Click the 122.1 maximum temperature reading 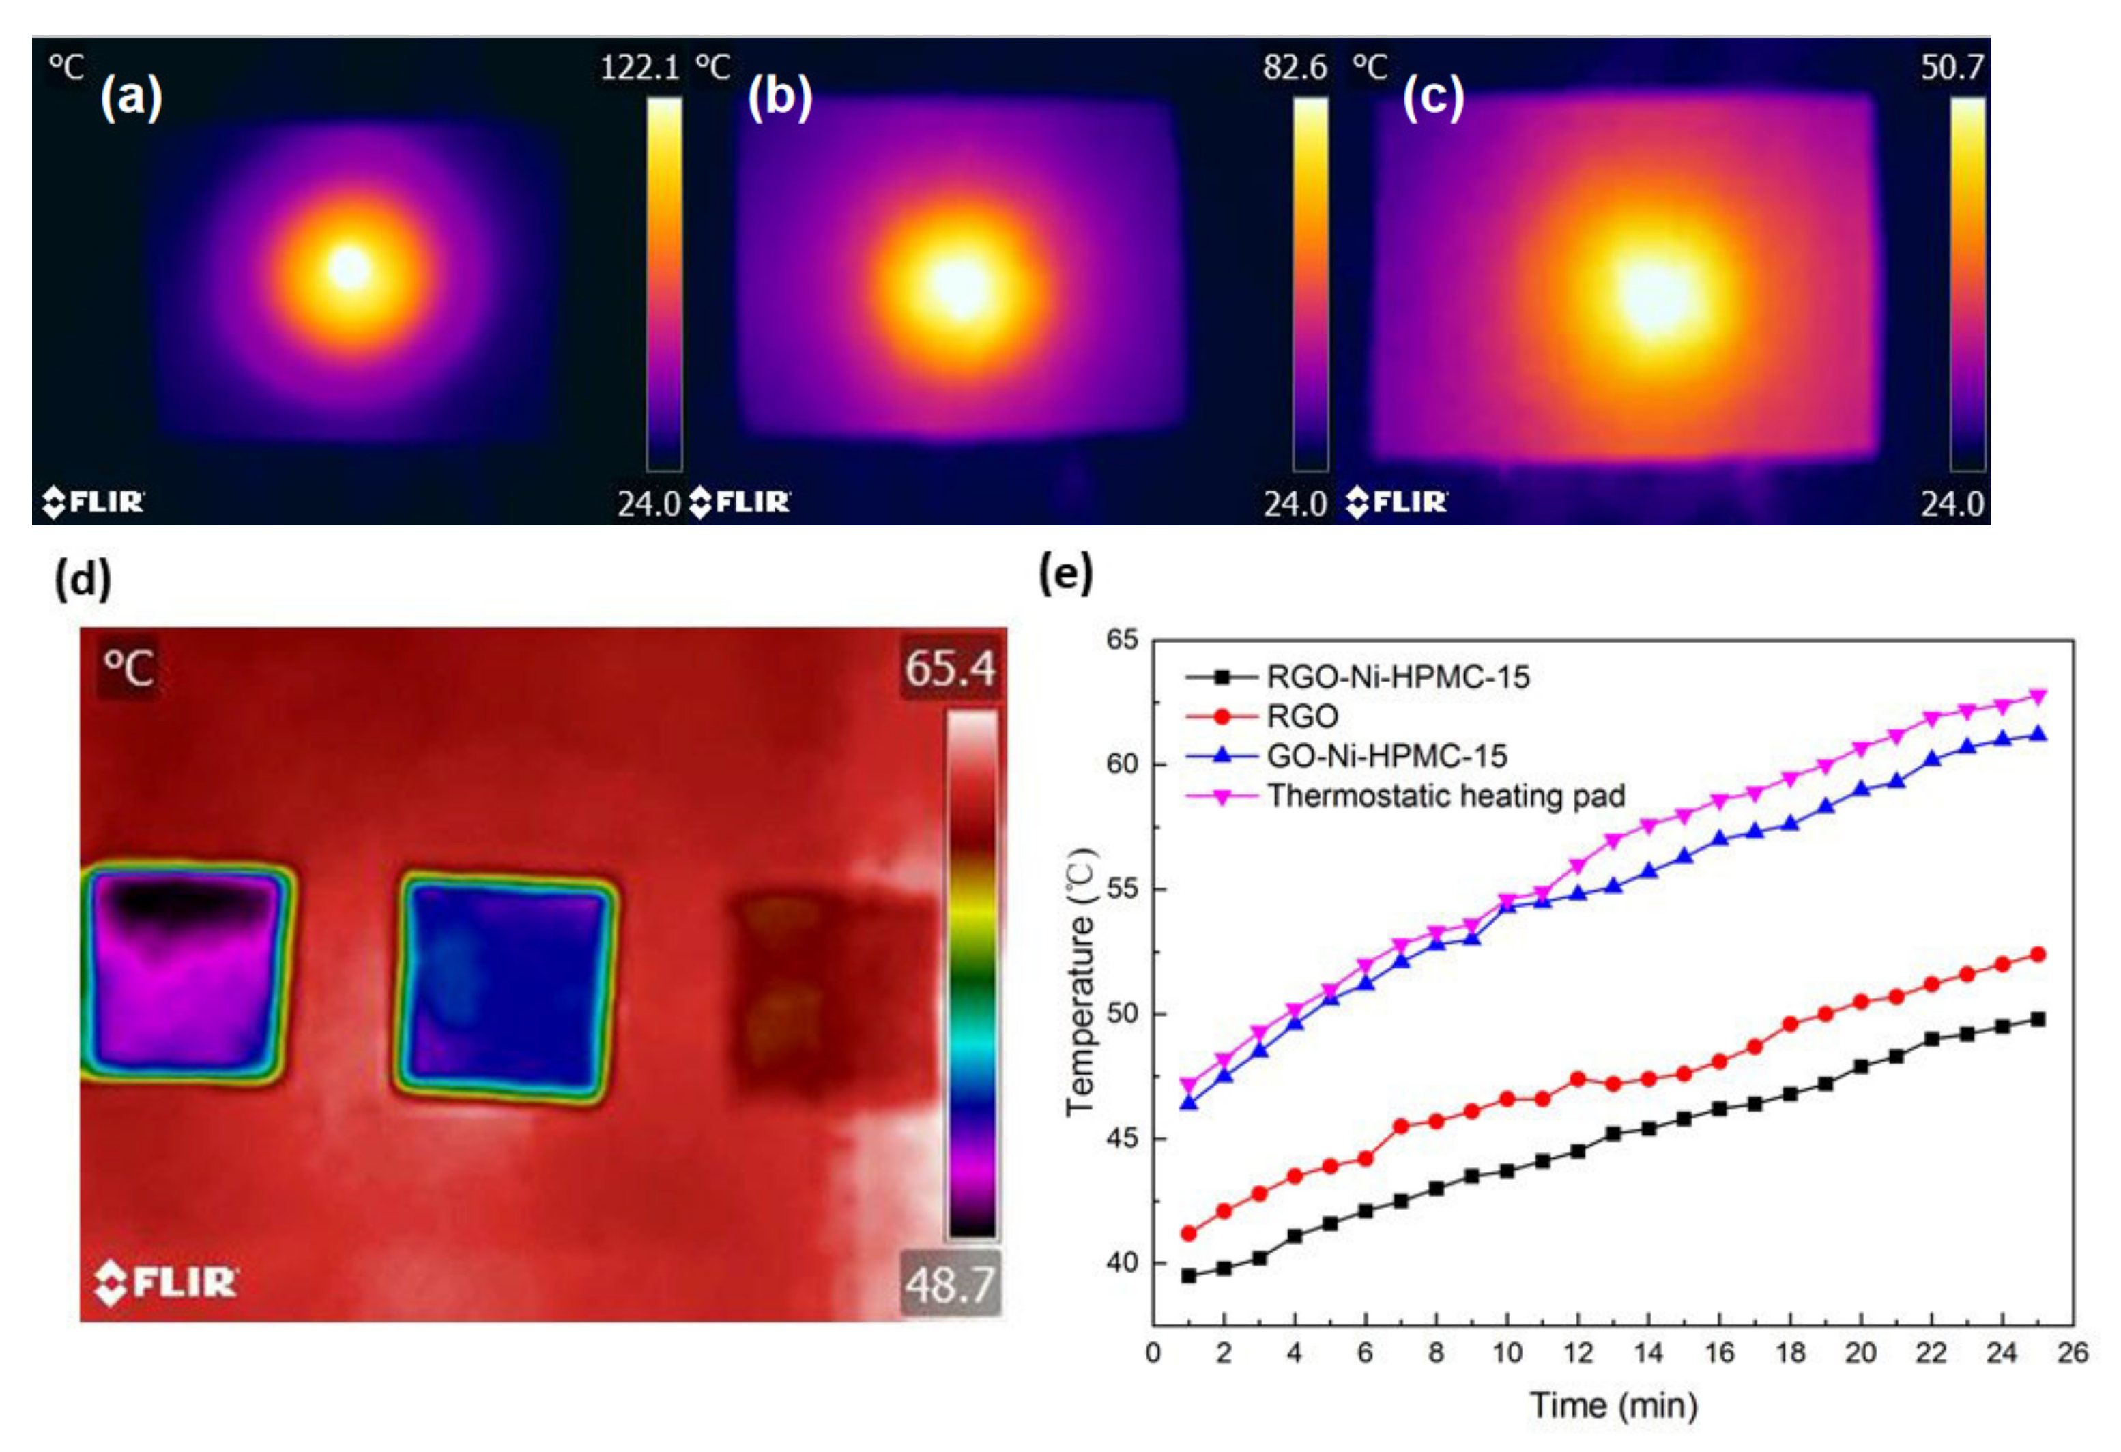pyautogui.click(x=639, y=68)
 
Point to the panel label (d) pyautogui.click(x=83, y=579)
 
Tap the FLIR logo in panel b pyautogui.click(x=740, y=502)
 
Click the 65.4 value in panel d pyautogui.click(x=950, y=668)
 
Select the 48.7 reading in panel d pyautogui.click(x=950, y=1285)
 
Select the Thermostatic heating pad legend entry pyautogui.click(x=1445, y=796)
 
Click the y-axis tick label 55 pyautogui.click(x=1123, y=889)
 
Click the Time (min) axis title pyautogui.click(x=1613, y=1404)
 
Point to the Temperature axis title pyautogui.click(x=1082, y=981)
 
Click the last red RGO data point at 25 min pyautogui.click(x=2037, y=955)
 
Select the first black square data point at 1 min pyautogui.click(x=1188, y=1276)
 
